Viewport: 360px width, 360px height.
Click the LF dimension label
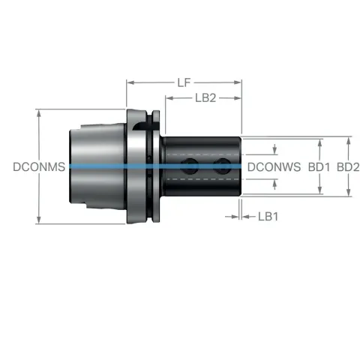[184, 82]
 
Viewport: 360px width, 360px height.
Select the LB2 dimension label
[205, 98]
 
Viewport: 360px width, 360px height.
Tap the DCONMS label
[39, 167]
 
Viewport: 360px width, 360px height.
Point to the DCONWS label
[274, 167]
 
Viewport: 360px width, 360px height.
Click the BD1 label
[319, 167]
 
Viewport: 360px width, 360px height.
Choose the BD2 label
[348, 167]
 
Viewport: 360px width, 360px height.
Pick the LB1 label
[268, 217]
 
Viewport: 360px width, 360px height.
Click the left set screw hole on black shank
[190, 166]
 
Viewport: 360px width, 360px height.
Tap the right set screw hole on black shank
[221, 166]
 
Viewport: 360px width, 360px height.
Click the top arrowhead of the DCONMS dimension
[39, 114]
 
